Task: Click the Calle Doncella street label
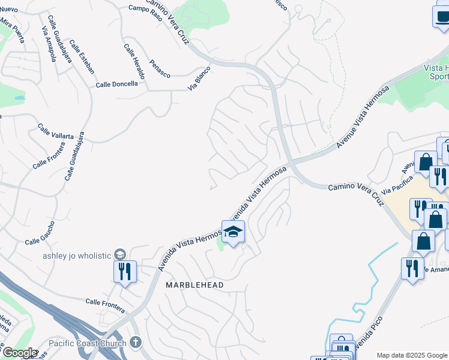click(x=116, y=84)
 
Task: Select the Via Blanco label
click(x=199, y=79)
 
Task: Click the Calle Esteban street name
click(x=82, y=57)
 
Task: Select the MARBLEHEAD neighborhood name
click(x=194, y=285)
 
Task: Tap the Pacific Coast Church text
click(x=88, y=343)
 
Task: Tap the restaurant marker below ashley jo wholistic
click(x=125, y=272)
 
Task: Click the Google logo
click(x=19, y=353)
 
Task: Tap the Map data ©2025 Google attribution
click(x=412, y=355)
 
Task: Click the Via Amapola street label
click(x=49, y=44)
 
